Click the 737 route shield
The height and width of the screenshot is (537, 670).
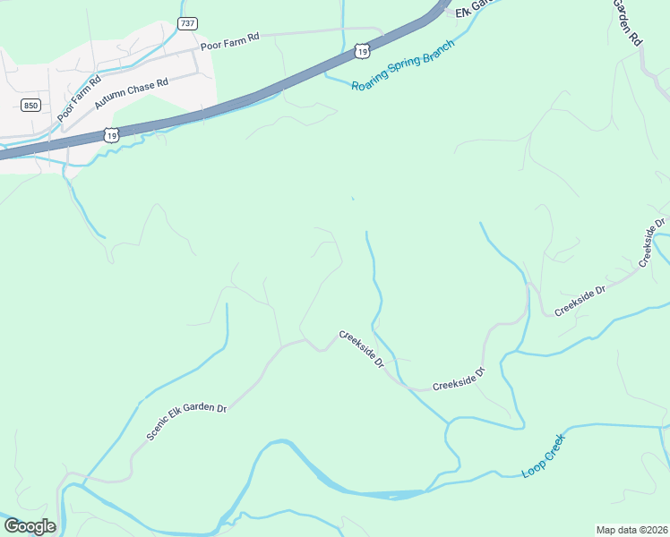[x=187, y=23]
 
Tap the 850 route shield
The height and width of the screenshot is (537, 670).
[x=31, y=106]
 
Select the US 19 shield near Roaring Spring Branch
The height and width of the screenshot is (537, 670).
[x=360, y=53]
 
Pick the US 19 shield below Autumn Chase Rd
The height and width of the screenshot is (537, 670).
[x=110, y=134]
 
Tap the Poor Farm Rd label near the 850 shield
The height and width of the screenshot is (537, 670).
[x=78, y=98]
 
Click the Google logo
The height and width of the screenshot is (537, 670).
[x=30, y=526]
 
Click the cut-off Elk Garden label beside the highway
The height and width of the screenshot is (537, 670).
[x=475, y=6]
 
